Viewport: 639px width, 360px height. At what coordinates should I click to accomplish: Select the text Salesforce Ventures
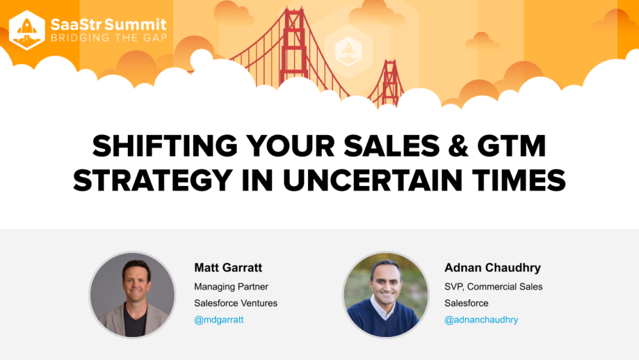236,303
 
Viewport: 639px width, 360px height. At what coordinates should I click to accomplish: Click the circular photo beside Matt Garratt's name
132,294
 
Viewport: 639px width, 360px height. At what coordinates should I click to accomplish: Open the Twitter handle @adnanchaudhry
481,320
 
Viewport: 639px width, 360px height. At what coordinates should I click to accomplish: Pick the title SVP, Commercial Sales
493,286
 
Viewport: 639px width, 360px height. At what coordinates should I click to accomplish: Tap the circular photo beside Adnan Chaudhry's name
385,294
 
